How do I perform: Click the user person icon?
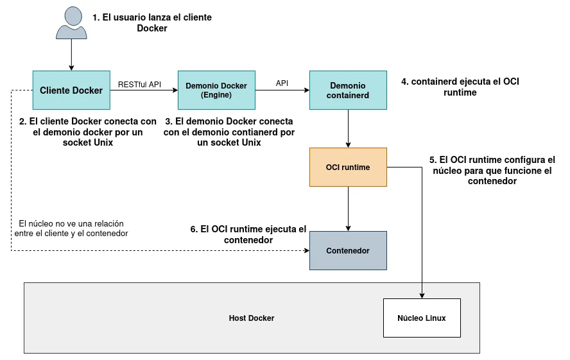point(71,24)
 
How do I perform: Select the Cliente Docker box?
point(71,90)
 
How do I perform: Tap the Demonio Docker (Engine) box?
point(216,90)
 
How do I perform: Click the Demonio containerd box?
point(348,90)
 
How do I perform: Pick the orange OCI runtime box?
point(348,167)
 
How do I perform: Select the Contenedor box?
point(348,251)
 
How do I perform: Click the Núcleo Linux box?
point(422,318)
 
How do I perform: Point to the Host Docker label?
point(252,318)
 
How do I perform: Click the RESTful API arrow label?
point(139,84)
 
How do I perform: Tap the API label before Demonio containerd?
point(282,83)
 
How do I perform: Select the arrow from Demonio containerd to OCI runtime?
point(348,129)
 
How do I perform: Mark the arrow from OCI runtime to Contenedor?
point(348,209)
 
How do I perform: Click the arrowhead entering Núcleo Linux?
point(422,295)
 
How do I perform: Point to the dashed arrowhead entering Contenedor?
point(306,251)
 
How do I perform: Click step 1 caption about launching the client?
point(152,23)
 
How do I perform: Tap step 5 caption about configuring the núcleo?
point(492,170)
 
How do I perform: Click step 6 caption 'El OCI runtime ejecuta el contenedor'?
point(248,234)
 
